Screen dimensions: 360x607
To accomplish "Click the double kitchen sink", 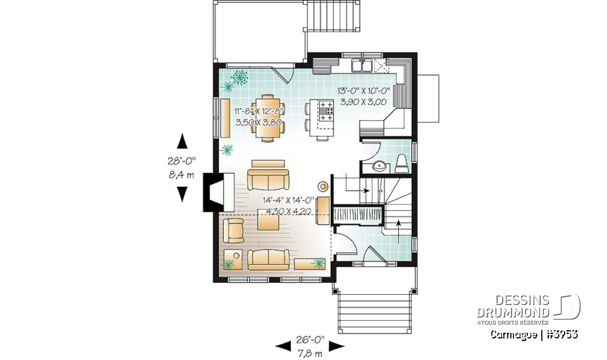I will [x=362, y=65].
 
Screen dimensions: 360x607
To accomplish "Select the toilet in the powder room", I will [x=402, y=164].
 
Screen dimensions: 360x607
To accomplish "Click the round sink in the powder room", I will [x=378, y=166].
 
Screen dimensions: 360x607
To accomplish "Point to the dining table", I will [x=268, y=115].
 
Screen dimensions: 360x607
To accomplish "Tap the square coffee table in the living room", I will [x=268, y=222].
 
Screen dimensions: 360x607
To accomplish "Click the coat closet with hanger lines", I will [x=358, y=214].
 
